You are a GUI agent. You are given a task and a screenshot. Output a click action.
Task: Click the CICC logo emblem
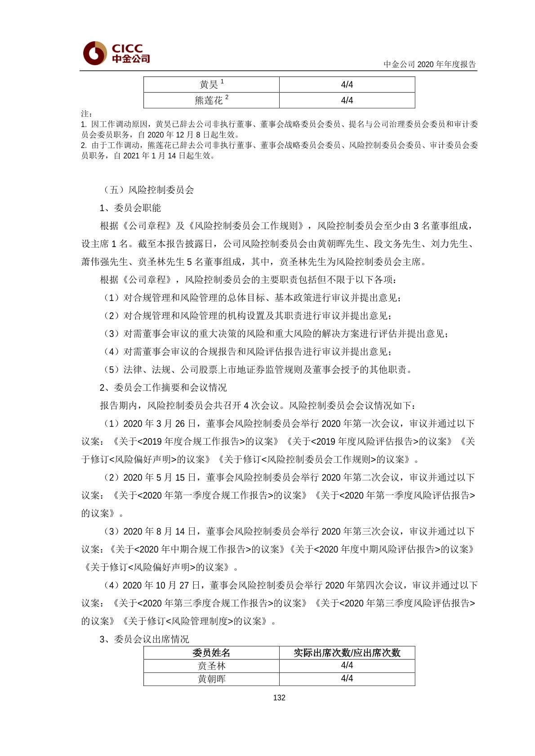pos(94,53)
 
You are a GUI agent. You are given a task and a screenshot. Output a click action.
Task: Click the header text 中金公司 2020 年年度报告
pos(429,64)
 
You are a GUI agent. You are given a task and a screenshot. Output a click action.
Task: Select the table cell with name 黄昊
pos(211,84)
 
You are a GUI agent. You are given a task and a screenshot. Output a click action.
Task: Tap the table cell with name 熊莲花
pos(211,100)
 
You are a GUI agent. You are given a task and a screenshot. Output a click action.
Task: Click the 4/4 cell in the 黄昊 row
pos(347,84)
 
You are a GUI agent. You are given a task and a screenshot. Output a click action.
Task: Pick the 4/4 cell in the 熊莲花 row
pos(347,100)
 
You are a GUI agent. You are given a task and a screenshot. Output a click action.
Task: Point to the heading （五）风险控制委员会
pos(147,190)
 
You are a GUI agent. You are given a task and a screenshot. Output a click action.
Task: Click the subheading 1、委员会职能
pos(130,208)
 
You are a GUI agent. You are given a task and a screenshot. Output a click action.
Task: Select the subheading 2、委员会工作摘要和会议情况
pos(163,387)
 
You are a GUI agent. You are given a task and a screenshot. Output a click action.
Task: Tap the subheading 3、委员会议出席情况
pos(144,639)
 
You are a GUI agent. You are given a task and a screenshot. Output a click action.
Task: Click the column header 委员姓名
pos(211,653)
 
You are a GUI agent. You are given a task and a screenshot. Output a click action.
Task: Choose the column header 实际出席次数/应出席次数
pos(347,653)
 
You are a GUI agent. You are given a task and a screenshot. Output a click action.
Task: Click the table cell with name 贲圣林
pos(211,666)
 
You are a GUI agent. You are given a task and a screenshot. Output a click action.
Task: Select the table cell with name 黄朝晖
pos(211,679)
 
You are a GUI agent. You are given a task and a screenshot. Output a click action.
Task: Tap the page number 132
pos(279,698)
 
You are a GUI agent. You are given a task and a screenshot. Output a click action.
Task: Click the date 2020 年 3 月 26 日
pos(160,423)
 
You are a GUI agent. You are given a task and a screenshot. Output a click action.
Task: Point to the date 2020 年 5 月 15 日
pos(160,477)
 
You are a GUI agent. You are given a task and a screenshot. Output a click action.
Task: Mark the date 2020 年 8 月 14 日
pos(160,531)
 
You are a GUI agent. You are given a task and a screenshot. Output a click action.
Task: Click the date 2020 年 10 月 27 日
pos(161,585)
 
